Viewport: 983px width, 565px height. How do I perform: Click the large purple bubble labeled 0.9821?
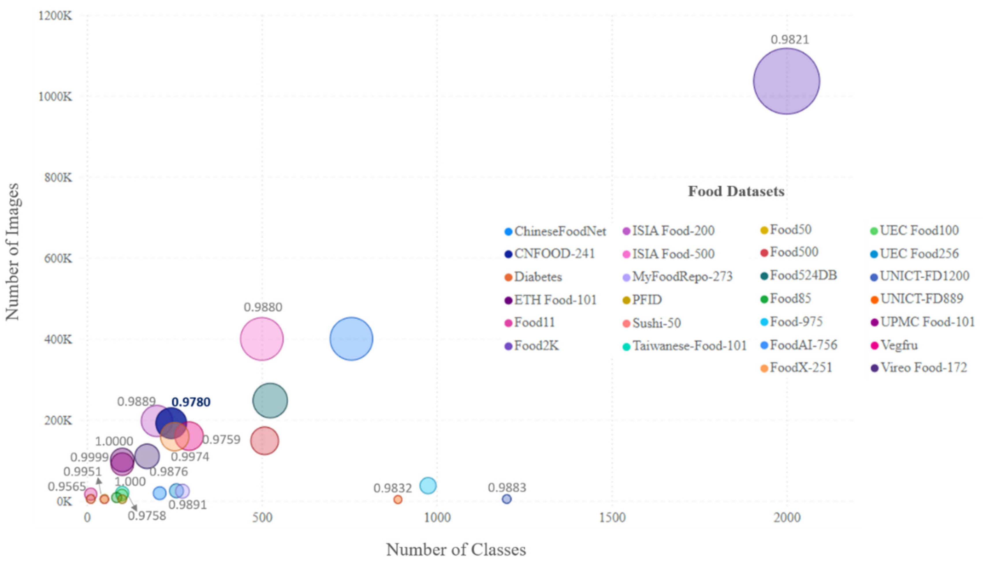point(786,81)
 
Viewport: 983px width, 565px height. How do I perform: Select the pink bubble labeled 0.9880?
point(262,339)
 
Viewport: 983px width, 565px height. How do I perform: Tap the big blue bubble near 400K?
point(351,339)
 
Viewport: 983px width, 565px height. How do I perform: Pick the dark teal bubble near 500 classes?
point(270,400)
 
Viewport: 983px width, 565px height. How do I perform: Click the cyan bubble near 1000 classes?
point(428,485)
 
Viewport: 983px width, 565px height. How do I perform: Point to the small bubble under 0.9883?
point(507,499)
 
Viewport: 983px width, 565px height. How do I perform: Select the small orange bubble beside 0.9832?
point(398,499)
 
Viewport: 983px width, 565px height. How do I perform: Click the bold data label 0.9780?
point(191,402)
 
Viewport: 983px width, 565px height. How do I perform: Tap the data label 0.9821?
point(790,40)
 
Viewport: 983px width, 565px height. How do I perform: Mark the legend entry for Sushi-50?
point(656,323)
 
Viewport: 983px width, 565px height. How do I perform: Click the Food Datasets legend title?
point(736,191)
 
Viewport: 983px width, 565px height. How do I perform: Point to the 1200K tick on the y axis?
point(55,16)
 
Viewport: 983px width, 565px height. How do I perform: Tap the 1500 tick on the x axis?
point(612,518)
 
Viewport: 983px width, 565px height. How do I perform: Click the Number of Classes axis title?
point(456,549)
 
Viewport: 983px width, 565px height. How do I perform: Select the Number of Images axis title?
point(12,252)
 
